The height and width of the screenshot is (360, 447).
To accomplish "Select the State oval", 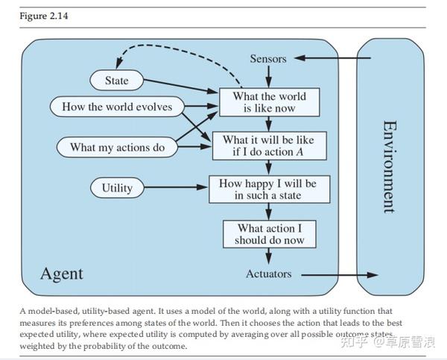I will coord(116,80).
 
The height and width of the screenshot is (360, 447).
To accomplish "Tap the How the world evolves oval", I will coord(117,107).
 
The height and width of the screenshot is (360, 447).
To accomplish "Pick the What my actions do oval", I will coord(117,147).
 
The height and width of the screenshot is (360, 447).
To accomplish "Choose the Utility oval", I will coord(116,188).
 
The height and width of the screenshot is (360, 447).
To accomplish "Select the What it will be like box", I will coord(268,146).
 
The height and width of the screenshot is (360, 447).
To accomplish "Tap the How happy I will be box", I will coord(268,189).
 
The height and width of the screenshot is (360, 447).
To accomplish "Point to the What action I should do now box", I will coord(268,234).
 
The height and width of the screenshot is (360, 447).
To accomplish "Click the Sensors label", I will coord(268,58).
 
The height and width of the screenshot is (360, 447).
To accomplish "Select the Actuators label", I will coord(268,274).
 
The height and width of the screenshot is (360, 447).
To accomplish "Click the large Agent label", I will coord(61,273).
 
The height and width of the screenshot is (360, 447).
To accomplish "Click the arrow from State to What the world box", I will coord(179,86).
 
